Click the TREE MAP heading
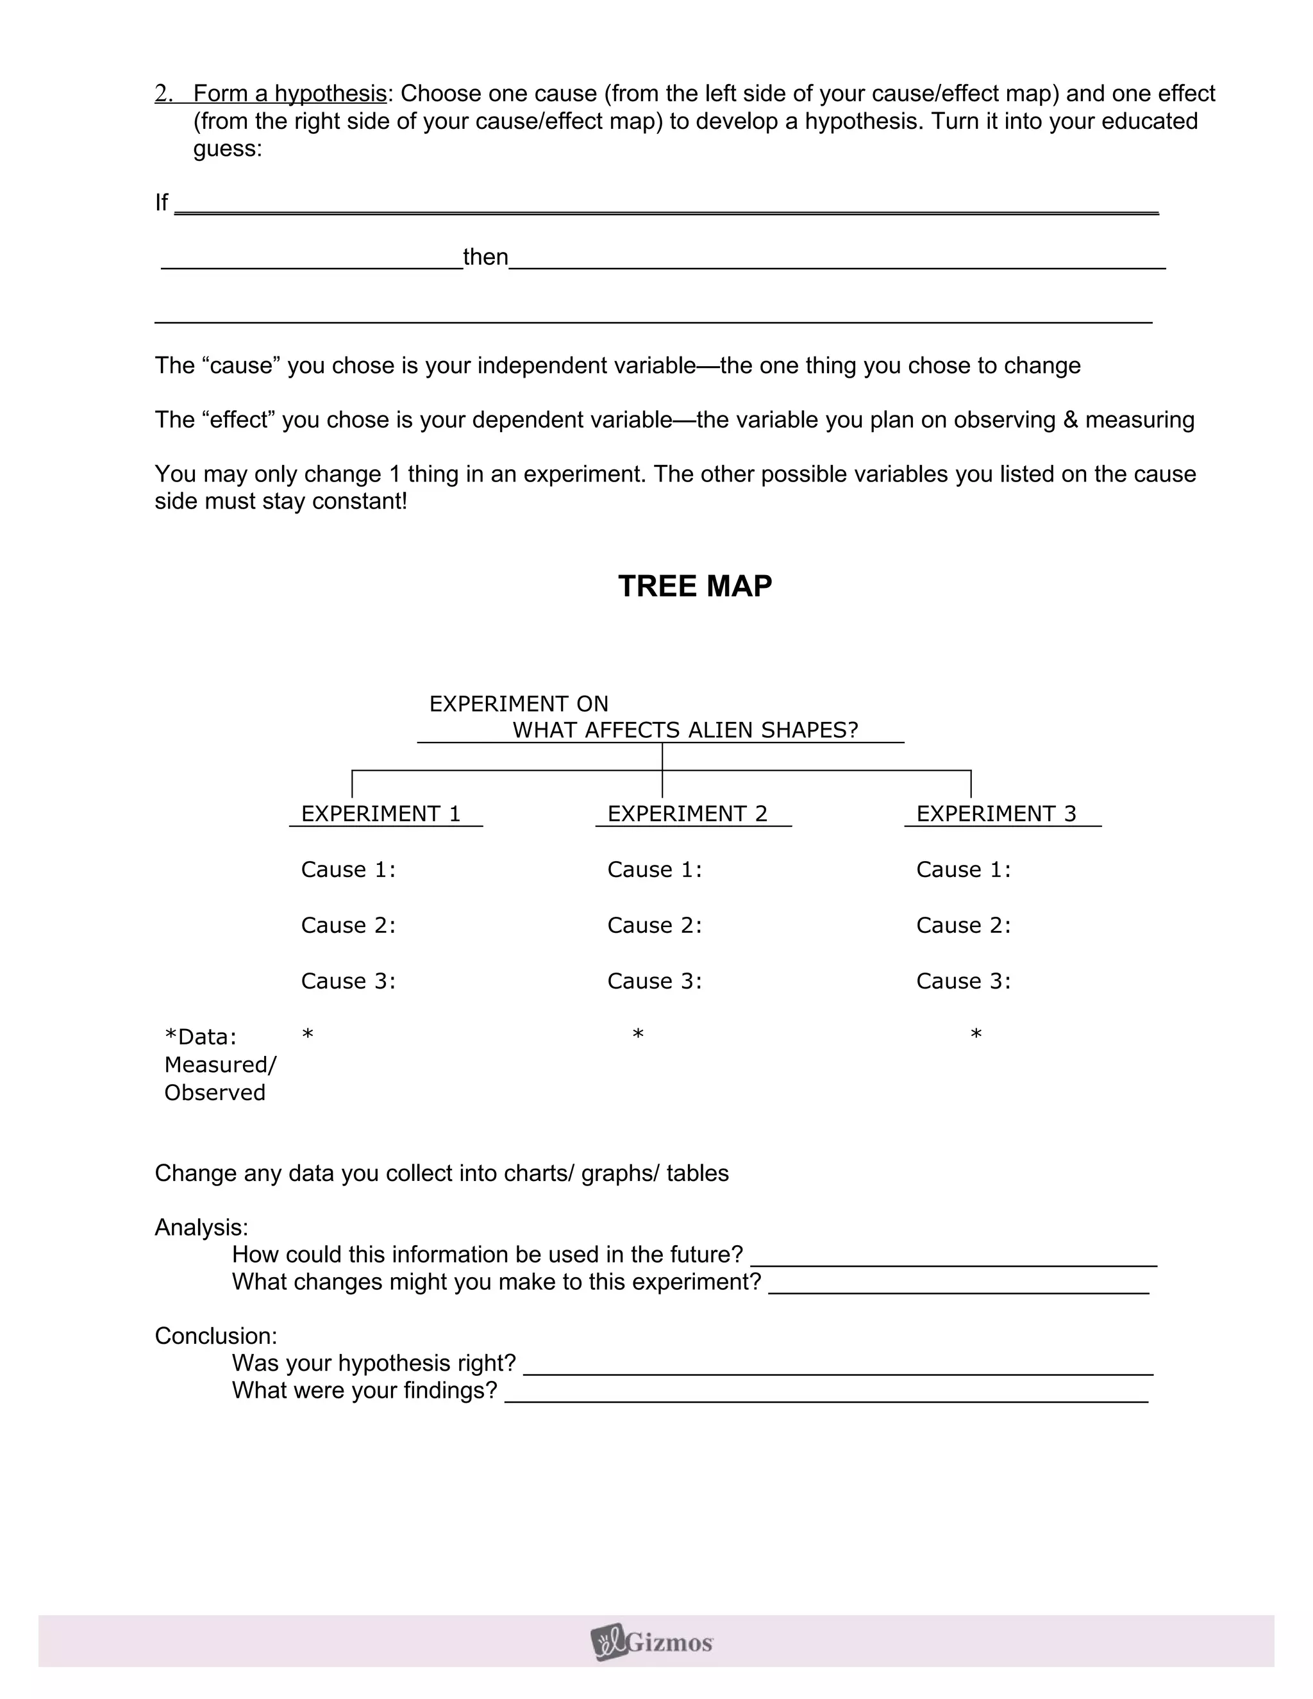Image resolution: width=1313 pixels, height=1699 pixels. [x=694, y=586]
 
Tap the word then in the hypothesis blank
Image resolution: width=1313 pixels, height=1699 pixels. [x=485, y=256]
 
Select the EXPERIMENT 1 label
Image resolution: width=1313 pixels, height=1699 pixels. [x=381, y=814]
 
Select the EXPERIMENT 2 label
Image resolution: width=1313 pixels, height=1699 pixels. [x=688, y=814]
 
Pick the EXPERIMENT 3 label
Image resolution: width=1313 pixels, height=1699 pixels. [x=996, y=814]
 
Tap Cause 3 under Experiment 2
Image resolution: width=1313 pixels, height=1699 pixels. [x=654, y=981]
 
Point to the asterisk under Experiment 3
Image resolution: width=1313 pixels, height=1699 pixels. [x=976, y=1035]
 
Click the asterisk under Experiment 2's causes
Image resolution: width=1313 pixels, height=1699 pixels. [x=638, y=1035]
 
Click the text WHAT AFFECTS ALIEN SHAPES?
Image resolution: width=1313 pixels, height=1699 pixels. [x=685, y=730]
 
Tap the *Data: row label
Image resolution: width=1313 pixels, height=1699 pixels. [x=201, y=1036]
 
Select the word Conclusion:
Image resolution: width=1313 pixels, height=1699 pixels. [x=215, y=1335]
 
